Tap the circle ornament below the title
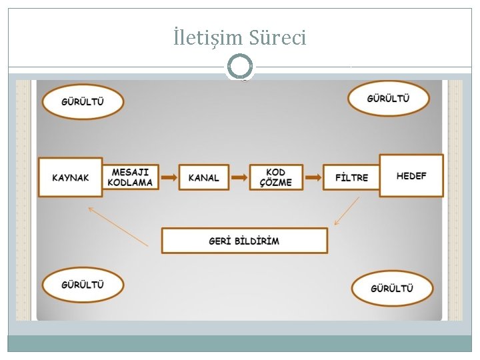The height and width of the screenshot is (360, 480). pyautogui.click(x=240, y=67)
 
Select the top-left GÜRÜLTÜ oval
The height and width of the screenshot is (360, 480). pyautogui.click(x=83, y=102)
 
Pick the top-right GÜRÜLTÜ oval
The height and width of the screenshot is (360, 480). pyautogui.click(x=389, y=99)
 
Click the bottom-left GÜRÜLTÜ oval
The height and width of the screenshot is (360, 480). pyautogui.click(x=83, y=285)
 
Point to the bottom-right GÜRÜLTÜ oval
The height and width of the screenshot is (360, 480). pyautogui.click(x=392, y=288)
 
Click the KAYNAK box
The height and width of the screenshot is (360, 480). pyautogui.click(x=71, y=177)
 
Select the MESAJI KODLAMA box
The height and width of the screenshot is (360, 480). pyautogui.click(x=131, y=177)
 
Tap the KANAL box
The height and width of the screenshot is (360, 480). pyautogui.click(x=204, y=177)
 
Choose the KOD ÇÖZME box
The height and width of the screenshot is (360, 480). pyautogui.click(x=276, y=177)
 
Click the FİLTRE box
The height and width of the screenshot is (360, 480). pyautogui.click(x=351, y=177)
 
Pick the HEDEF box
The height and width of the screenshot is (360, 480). pyautogui.click(x=411, y=175)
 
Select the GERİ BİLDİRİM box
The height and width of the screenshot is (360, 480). pyautogui.click(x=245, y=241)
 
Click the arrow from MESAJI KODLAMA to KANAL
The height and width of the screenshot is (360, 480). pyautogui.click(x=169, y=177)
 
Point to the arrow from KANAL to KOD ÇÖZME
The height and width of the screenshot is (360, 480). pyautogui.click(x=239, y=177)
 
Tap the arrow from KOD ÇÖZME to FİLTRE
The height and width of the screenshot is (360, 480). pyautogui.click(x=313, y=177)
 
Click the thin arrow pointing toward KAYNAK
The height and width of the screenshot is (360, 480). pyautogui.click(x=118, y=227)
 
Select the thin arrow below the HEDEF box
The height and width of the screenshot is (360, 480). pyautogui.click(x=347, y=211)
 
